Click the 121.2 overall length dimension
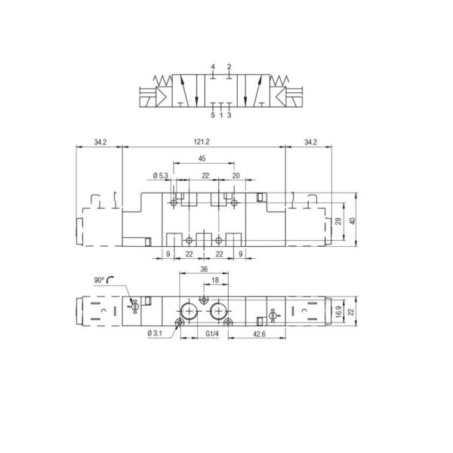[202, 142]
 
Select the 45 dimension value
[202, 159]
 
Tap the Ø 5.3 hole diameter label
[160, 176]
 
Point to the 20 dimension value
[236, 176]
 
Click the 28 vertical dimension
[338, 221]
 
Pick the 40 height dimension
[352, 221]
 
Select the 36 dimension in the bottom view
[204, 270]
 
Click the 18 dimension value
[215, 280]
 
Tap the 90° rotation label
[99, 280]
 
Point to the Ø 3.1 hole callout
[155, 334]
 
